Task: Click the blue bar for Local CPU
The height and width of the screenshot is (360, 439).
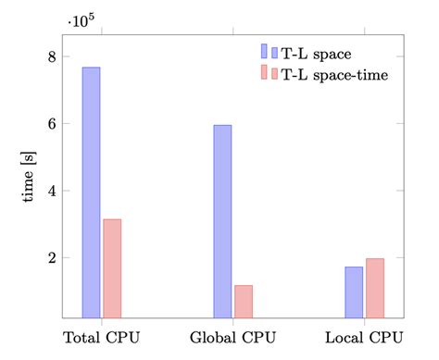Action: (x=354, y=292)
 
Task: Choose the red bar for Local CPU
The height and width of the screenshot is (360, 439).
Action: (x=375, y=288)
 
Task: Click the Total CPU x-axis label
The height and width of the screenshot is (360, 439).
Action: (x=101, y=335)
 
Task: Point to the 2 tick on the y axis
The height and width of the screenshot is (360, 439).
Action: (x=51, y=258)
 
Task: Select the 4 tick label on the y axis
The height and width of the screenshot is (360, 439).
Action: (x=51, y=191)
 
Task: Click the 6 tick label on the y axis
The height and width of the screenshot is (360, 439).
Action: (x=51, y=124)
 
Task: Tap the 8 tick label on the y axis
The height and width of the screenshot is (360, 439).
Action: (x=51, y=56)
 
